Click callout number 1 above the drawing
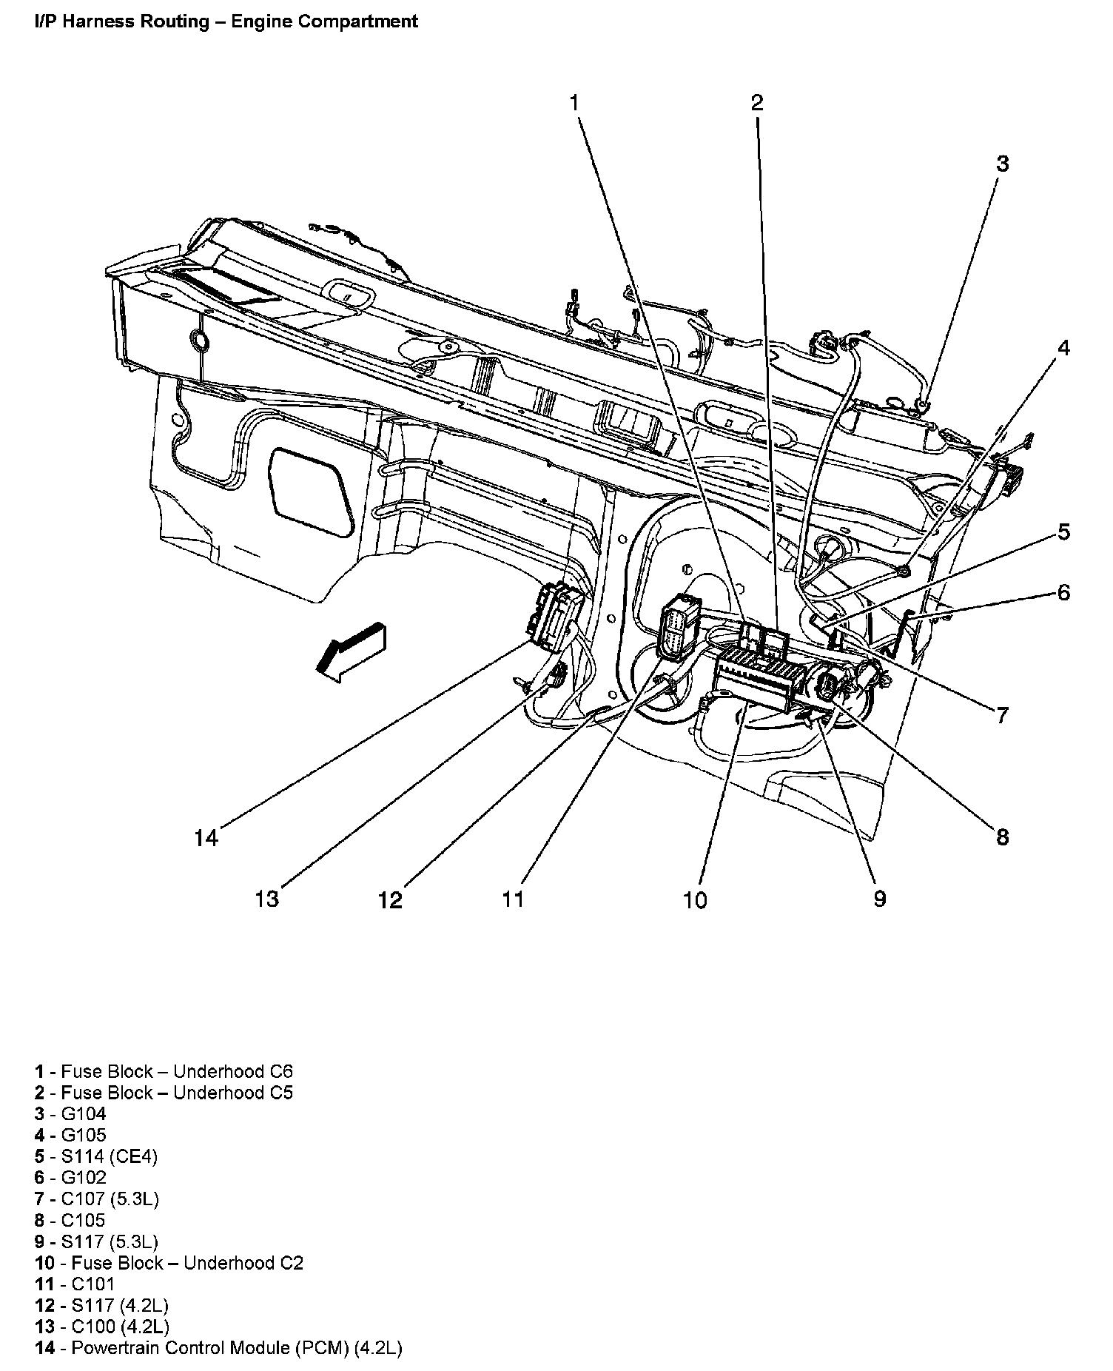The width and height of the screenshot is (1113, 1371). pyautogui.click(x=574, y=103)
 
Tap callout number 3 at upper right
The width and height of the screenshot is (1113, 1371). pyautogui.click(x=1002, y=164)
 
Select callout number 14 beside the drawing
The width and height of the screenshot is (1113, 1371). pyautogui.click(x=206, y=838)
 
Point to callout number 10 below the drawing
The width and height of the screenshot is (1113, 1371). pyautogui.click(x=695, y=899)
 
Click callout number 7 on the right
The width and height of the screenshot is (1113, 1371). pyautogui.click(x=1002, y=715)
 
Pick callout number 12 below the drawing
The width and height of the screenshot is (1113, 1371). pyautogui.click(x=390, y=899)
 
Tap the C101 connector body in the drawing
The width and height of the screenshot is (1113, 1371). pyautogui.click(x=676, y=629)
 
